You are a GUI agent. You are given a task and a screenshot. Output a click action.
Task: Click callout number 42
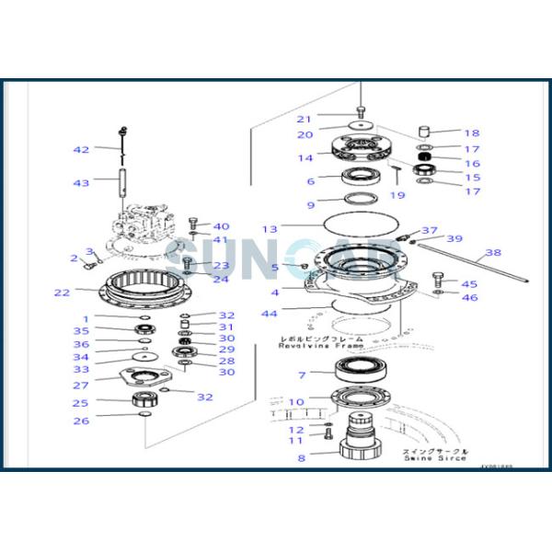coord(82,149)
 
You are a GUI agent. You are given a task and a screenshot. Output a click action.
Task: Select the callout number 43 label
coord(82,183)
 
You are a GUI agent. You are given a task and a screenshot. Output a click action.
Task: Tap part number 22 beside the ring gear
coord(62,293)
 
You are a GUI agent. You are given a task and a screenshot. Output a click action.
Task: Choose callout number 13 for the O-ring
coord(269,228)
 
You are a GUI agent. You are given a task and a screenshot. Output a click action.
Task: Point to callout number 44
coord(269,314)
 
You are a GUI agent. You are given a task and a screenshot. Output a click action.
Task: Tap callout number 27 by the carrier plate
coord(81,385)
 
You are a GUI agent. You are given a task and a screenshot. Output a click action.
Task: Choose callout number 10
coord(296,402)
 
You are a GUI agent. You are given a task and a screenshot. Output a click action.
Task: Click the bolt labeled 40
coord(192,223)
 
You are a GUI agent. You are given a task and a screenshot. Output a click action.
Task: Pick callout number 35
coord(81,330)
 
